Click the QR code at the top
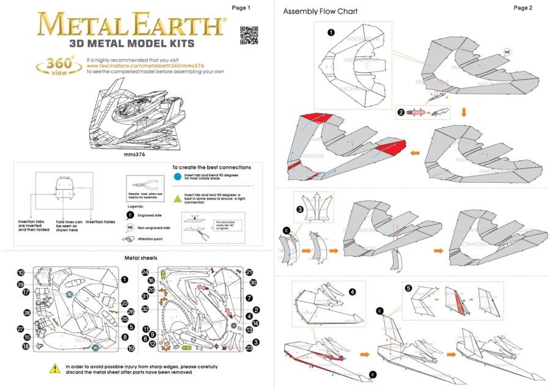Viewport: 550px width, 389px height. [x=248, y=36]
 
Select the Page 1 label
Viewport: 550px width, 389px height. [x=241, y=8]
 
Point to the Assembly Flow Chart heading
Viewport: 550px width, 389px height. [x=320, y=12]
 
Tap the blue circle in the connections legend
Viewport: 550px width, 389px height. [x=177, y=177]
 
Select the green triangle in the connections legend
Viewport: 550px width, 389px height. [x=177, y=197]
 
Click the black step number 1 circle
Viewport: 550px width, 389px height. [x=331, y=33]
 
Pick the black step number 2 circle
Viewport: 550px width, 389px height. [x=401, y=113]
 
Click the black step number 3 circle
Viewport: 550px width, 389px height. [x=299, y=209]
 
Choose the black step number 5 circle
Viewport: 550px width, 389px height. [x=409, y=288]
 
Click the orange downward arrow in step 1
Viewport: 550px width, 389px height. [x=464, y=112]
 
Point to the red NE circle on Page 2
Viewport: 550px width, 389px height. [x=507, y=53]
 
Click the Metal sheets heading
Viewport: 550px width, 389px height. [x=141, y=258]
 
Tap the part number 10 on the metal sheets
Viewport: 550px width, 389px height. [x=21, y=273]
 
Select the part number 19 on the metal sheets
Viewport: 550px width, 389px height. [x=131, y=349]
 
